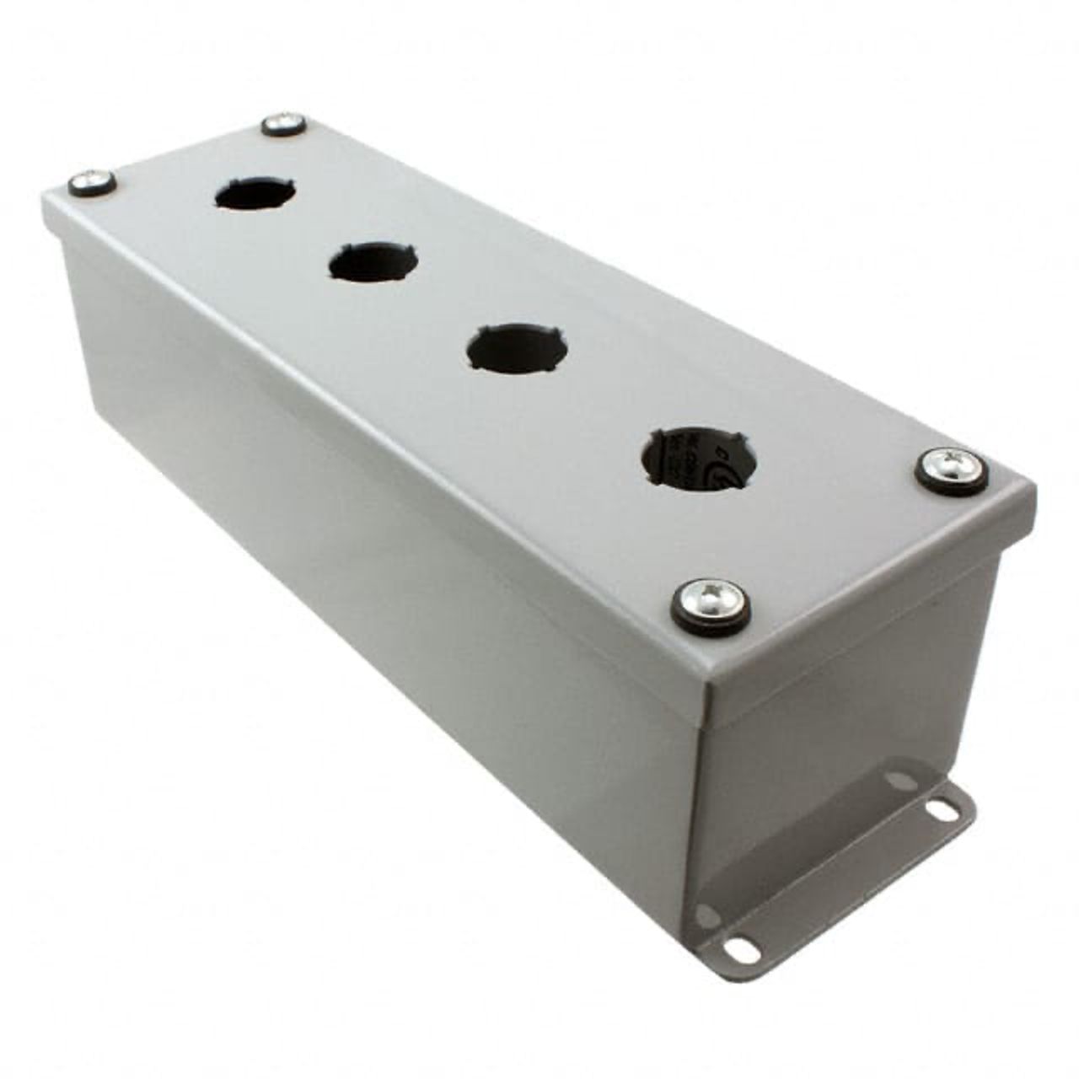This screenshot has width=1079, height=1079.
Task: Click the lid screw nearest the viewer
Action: point(711,604)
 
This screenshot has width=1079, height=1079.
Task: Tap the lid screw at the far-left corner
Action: point(90,182)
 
